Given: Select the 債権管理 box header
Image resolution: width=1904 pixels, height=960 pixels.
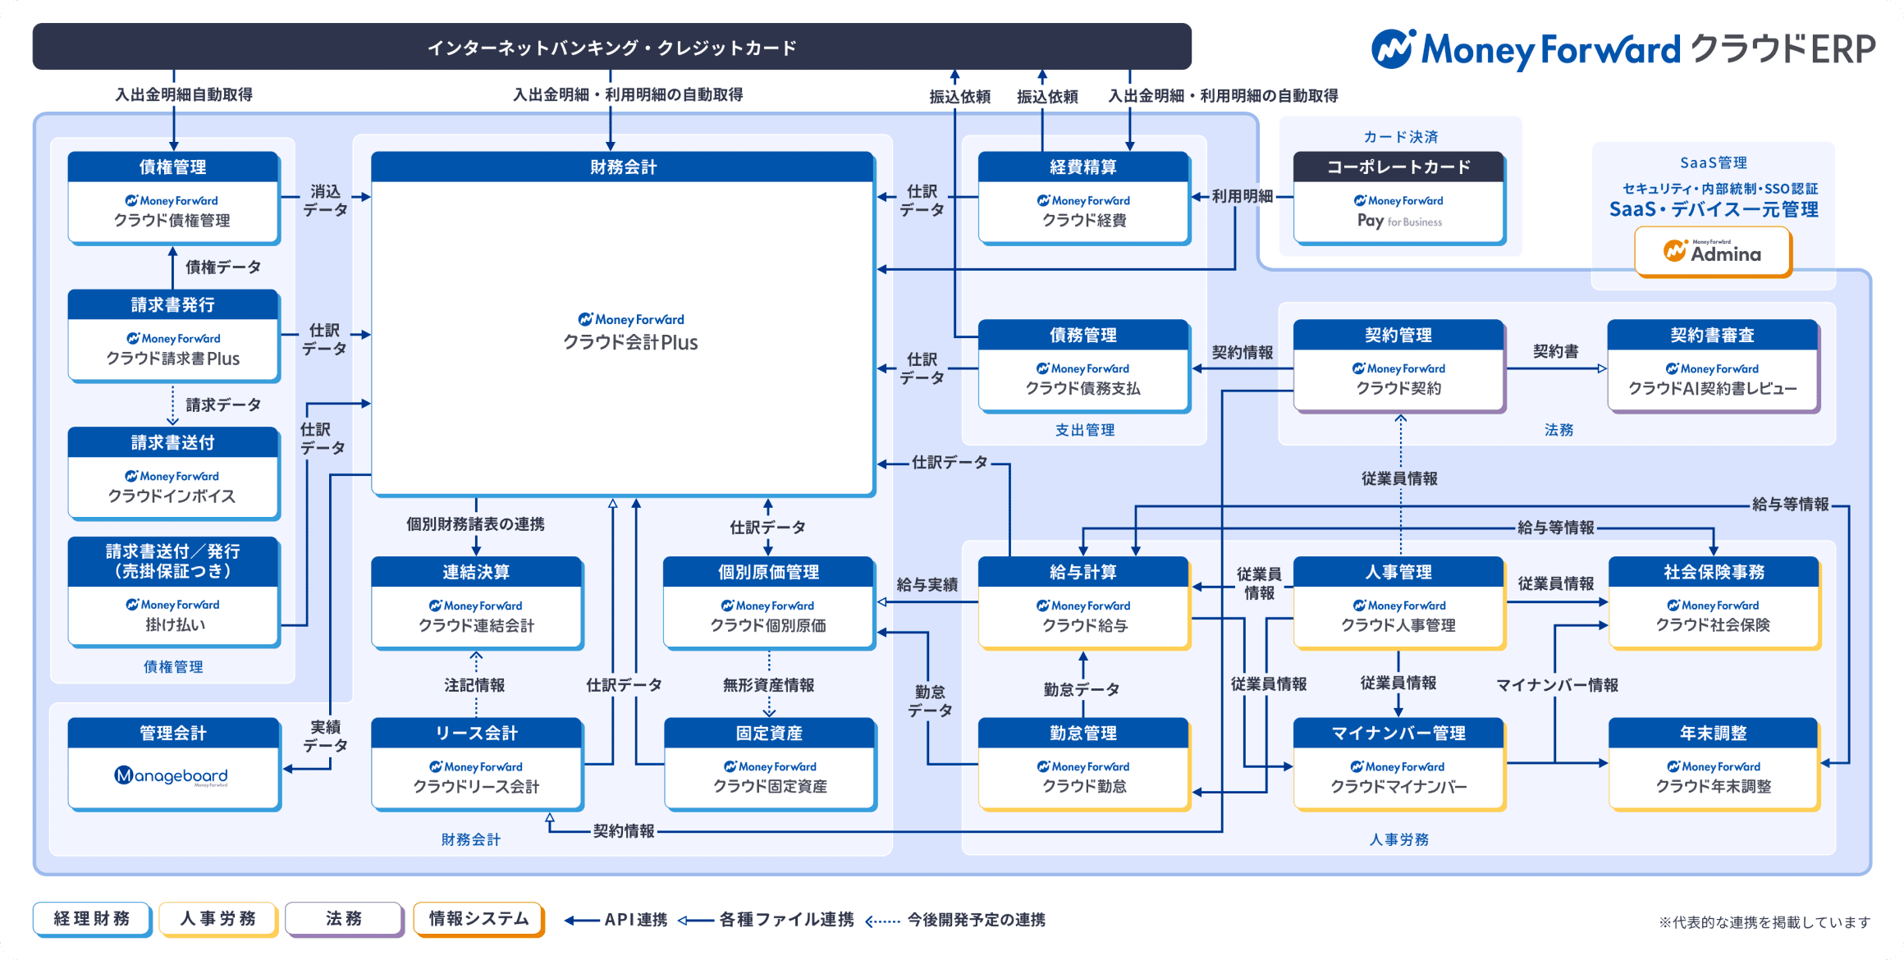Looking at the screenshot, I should (173, 167).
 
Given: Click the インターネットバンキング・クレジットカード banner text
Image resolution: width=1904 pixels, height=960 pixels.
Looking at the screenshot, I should (611, 48).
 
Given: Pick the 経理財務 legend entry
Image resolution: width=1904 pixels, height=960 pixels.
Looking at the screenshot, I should (92, 919).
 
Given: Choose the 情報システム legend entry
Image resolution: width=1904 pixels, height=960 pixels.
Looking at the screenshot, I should (478, 919).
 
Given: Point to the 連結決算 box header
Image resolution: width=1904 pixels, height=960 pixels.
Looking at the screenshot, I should (476, 572).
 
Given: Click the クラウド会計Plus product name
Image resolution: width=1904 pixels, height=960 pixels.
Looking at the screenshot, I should (630, 342).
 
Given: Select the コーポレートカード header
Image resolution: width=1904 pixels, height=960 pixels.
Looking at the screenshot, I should (1398, 167).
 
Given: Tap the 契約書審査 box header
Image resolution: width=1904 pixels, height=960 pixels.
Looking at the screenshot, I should (1712, 335).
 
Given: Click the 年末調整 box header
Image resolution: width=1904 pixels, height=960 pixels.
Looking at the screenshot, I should (1713, 733).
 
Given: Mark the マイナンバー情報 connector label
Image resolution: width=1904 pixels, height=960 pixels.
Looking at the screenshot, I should (1557, 684).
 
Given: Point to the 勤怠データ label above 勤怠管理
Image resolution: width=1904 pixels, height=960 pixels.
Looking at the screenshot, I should (1082, 689).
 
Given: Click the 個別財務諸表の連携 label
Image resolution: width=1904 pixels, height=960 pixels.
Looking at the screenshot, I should (475, 523).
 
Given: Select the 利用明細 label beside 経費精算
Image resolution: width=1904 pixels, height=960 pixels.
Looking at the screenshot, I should (1243, 196).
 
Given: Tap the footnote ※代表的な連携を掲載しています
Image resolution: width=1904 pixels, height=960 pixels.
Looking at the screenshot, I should (1764, 922).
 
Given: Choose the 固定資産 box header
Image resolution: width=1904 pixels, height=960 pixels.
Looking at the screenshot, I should (769, 733).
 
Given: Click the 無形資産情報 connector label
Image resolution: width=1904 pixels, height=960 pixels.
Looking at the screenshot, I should (768, 684).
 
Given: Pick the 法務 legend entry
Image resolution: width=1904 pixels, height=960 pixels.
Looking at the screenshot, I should (344, 919).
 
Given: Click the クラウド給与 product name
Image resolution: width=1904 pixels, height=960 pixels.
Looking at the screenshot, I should (1084, 625).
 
